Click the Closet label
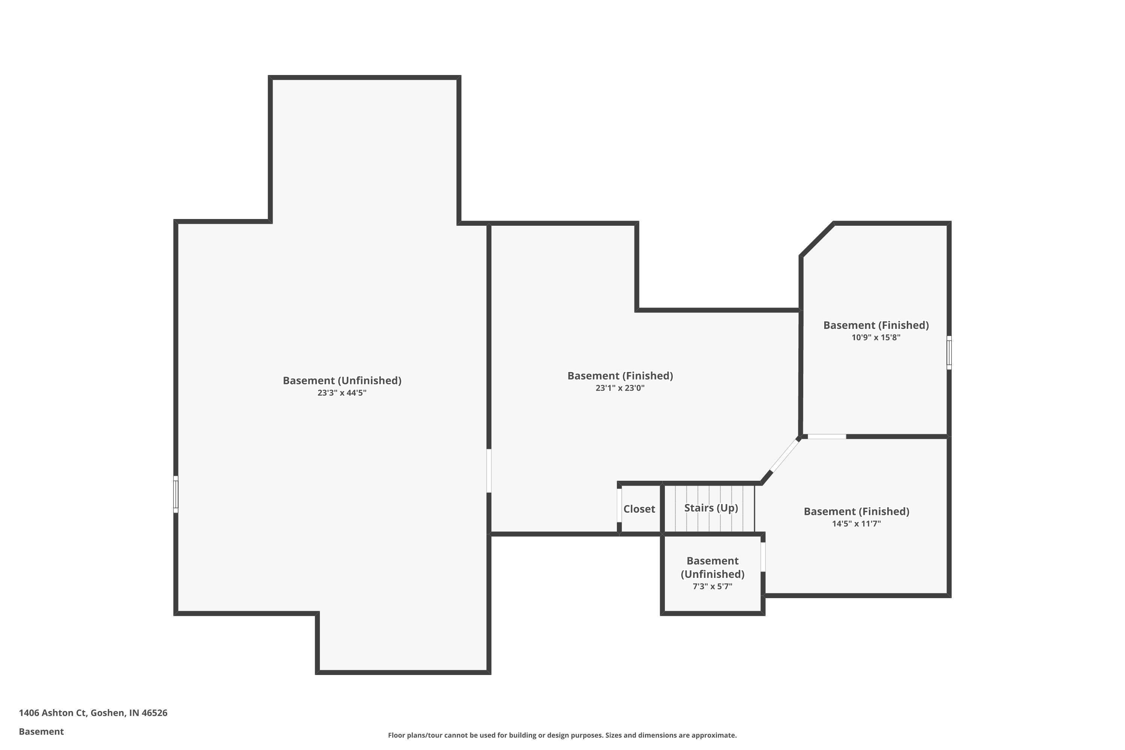pos(639,509)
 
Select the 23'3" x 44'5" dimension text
pos(342,393)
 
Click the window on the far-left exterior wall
pos(175,495)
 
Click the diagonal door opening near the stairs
pos(785,455)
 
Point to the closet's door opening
pos(619,505)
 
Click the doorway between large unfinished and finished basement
pos(489,471)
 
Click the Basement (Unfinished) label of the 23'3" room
pos(342,380)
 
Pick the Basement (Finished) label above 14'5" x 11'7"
pos(856,511)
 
